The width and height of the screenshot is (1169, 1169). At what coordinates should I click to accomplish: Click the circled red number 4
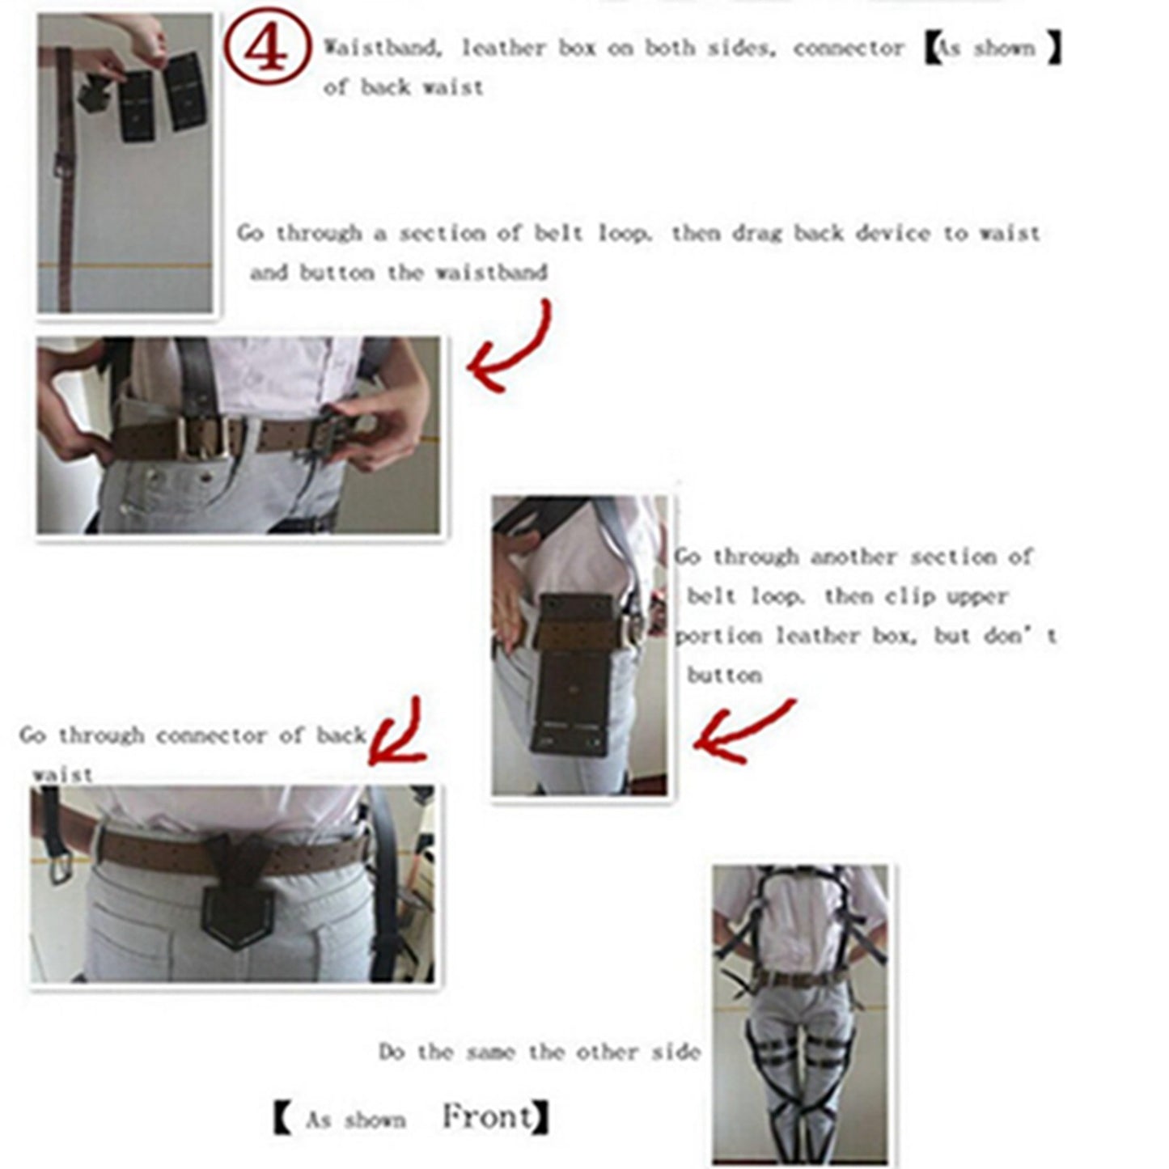266,49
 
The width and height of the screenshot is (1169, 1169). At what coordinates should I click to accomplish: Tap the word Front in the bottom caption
488,1117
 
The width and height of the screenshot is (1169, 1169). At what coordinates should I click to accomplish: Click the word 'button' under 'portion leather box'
724,676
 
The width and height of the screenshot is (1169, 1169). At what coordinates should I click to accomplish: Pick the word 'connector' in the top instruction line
849,49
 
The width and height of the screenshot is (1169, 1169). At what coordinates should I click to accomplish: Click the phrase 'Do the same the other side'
539,1052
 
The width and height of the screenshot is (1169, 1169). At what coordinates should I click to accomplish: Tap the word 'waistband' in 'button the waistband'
491,273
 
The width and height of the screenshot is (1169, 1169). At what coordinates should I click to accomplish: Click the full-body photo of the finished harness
800,1015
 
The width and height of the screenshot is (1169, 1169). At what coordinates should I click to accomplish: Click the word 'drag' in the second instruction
757,234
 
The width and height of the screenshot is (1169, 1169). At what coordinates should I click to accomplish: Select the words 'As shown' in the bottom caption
355,1120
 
